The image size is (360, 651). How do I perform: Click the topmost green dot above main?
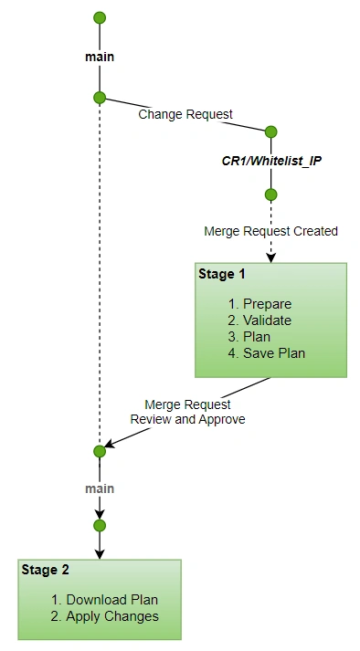coord(100,17)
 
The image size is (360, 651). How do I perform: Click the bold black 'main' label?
coord(100,57)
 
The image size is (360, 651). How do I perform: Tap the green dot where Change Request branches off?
coord(100,98)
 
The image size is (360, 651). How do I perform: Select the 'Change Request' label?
coord(185,114)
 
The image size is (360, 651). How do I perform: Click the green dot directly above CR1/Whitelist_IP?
coord(270,131)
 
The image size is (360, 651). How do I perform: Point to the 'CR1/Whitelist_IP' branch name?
coord(271,161)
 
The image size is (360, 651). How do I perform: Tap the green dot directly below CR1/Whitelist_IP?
coord(270,194)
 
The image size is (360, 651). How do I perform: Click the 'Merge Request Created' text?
coord(270,231)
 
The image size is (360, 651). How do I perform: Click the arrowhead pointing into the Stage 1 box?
coord(270,257)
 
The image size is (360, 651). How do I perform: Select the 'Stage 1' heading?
coord(221,274)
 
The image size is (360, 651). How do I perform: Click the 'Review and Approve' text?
coord(188,419)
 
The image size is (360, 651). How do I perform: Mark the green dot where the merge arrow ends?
coord(100,451)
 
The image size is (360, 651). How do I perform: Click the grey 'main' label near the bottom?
coord(100,488)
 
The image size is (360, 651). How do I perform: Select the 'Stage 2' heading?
coord(45,570)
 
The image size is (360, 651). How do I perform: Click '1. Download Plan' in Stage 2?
coord(104,600)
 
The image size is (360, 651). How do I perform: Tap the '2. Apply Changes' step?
coord(104,616)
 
